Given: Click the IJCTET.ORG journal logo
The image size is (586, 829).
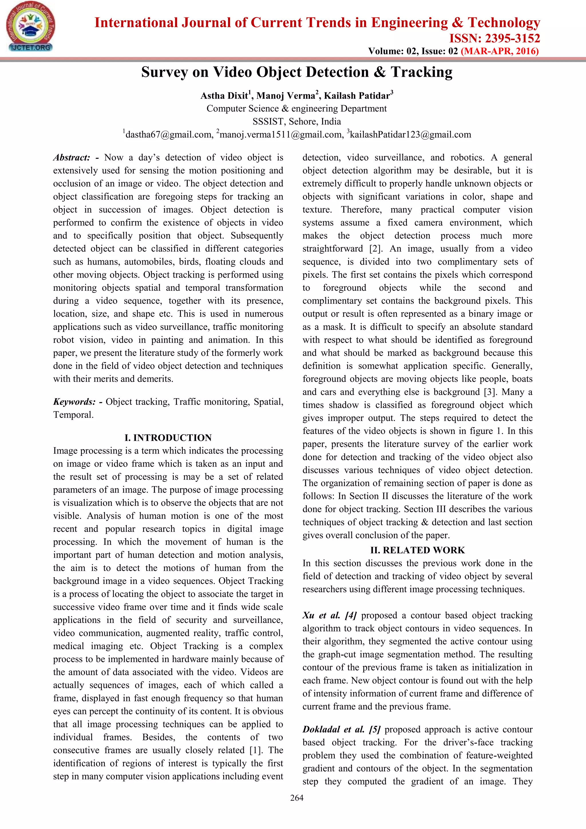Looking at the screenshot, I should tap(30, 27).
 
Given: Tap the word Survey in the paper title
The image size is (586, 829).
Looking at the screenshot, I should tap(164, 72).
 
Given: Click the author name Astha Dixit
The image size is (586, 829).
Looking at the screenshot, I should tap(224, 96).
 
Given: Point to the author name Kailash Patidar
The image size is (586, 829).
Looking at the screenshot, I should tap(357, 96).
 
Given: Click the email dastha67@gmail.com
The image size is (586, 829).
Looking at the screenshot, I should tap(169, 135).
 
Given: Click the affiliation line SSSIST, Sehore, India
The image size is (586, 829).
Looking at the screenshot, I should tap(297, 121).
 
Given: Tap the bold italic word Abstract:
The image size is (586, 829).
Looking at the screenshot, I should tap(72, 157).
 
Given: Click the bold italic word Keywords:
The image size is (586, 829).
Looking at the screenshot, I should tap(74, 402).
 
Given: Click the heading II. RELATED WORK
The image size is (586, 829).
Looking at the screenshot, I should tap(417, 550).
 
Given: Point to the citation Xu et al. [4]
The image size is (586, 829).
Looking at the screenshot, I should tap(329, 615).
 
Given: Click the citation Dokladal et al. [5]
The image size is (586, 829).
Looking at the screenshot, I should tap(341, 729).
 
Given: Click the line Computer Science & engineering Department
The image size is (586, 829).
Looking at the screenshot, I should tap(297, 109).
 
